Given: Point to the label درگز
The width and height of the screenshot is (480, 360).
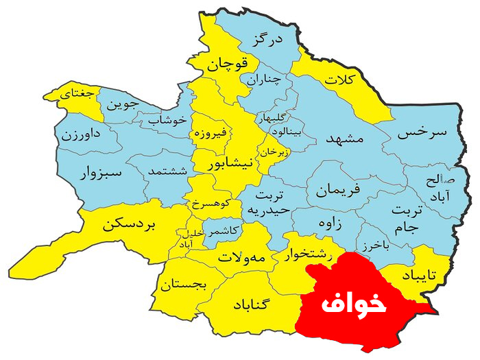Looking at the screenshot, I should (267, 40).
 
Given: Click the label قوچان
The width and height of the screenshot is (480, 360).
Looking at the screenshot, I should (226, 66).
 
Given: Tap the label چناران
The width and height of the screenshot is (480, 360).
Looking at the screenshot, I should (263, 79).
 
